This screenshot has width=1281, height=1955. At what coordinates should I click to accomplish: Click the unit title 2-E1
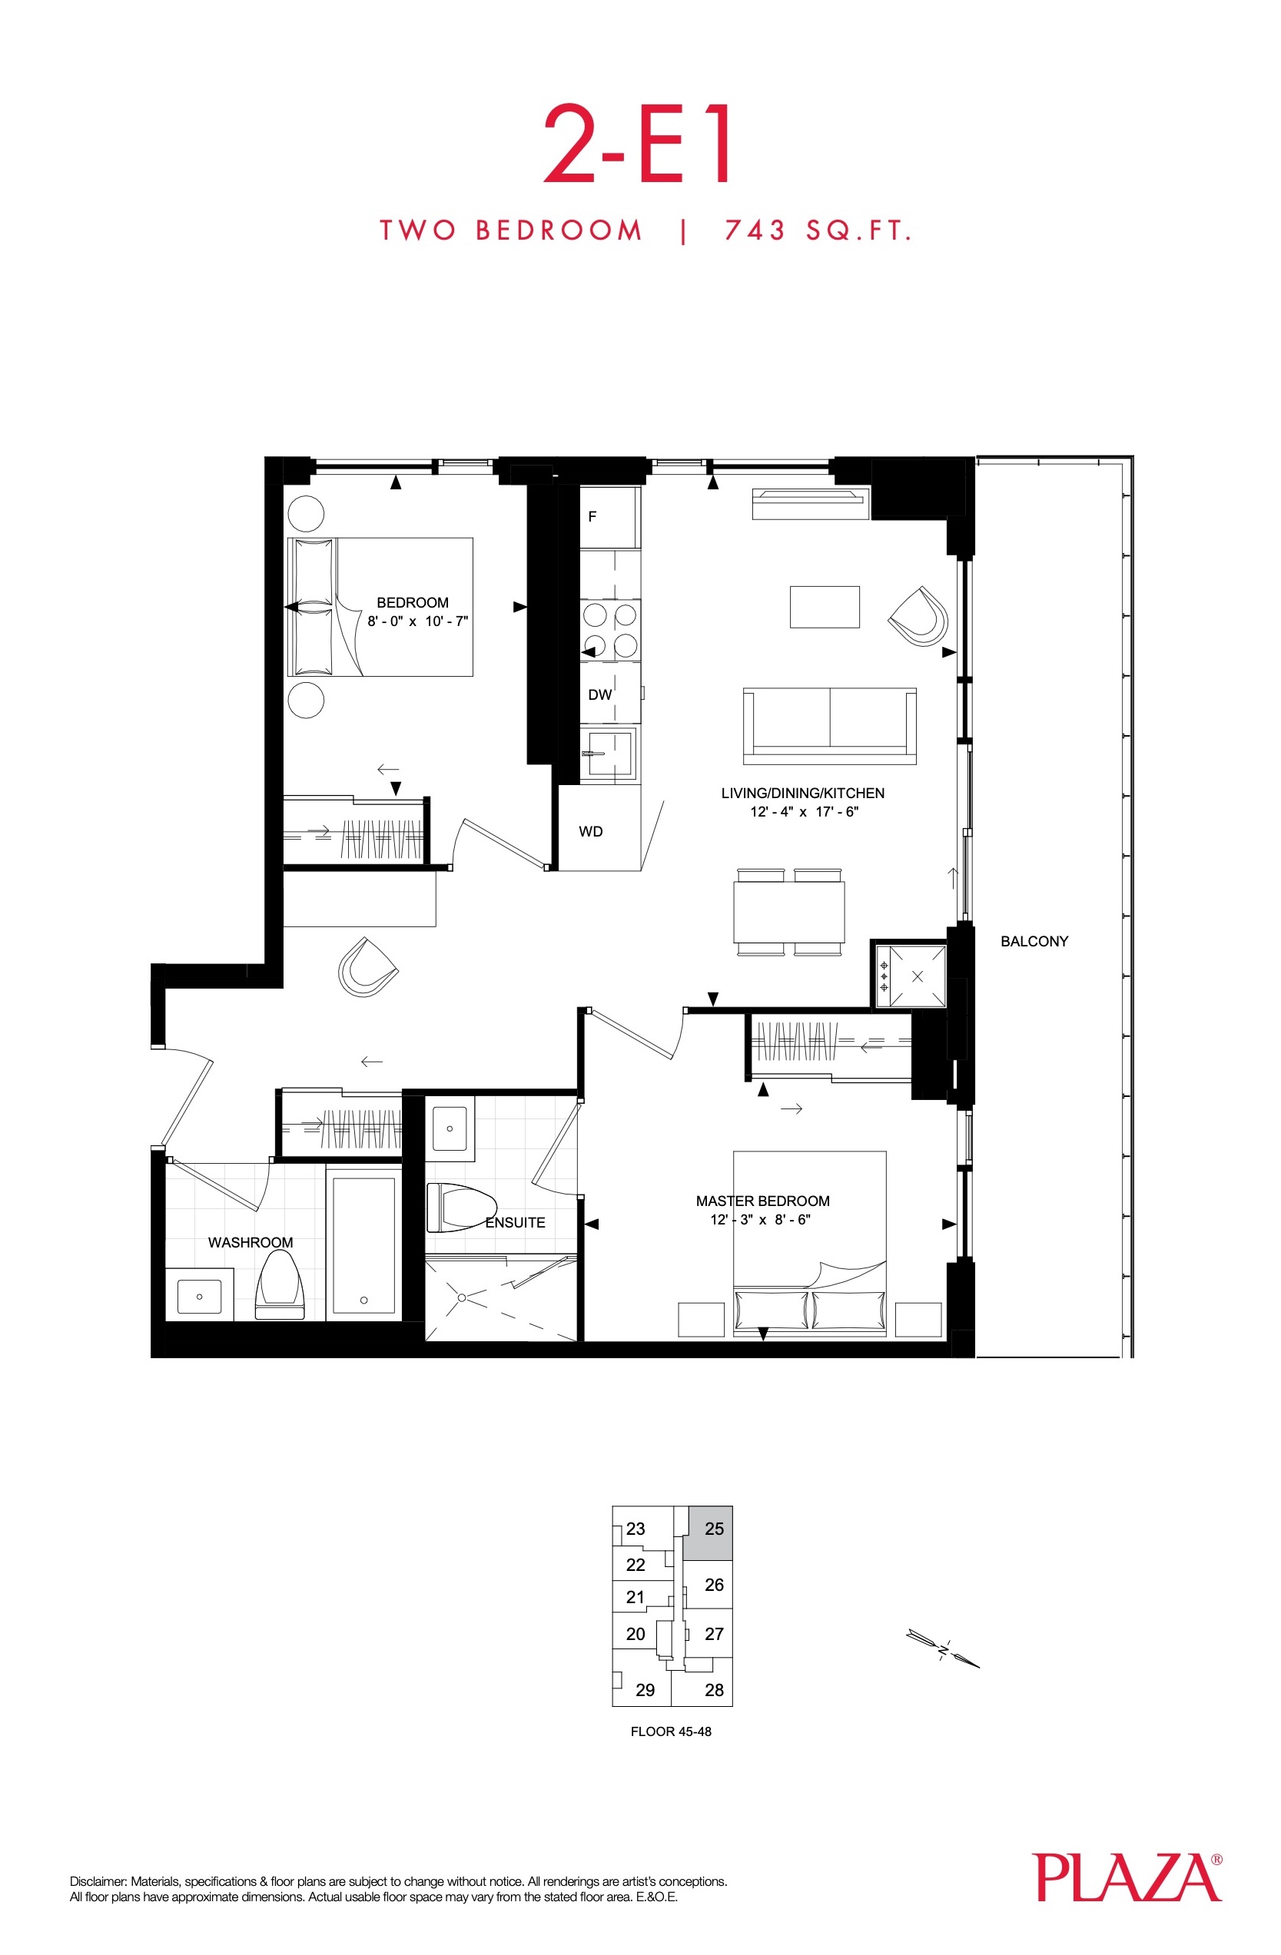point(638,144)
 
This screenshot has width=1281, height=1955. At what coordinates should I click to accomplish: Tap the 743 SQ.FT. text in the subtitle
point(818,230)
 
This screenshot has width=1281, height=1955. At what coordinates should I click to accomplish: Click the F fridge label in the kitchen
point(592,517)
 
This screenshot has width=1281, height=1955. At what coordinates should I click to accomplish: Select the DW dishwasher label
point(600,695)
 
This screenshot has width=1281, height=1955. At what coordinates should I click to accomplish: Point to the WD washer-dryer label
point(591,831)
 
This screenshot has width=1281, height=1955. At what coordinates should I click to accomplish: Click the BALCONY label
point(1034,941)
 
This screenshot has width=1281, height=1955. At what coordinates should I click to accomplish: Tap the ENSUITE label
point(515,1222)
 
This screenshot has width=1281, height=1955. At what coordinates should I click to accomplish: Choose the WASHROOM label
point(251,1243)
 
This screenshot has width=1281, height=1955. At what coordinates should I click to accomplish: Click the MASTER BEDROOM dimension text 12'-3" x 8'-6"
point(760,1220)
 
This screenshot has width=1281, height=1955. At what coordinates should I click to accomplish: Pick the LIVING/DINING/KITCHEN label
point(803,794)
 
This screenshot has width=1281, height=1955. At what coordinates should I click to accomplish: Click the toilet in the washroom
point(280,1285)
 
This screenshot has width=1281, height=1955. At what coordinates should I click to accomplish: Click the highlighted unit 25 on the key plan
point(710,1533)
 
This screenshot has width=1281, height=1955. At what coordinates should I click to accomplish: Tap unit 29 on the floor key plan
point(645,1690)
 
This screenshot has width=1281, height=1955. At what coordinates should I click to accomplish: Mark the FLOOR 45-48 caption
point(671,1731)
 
